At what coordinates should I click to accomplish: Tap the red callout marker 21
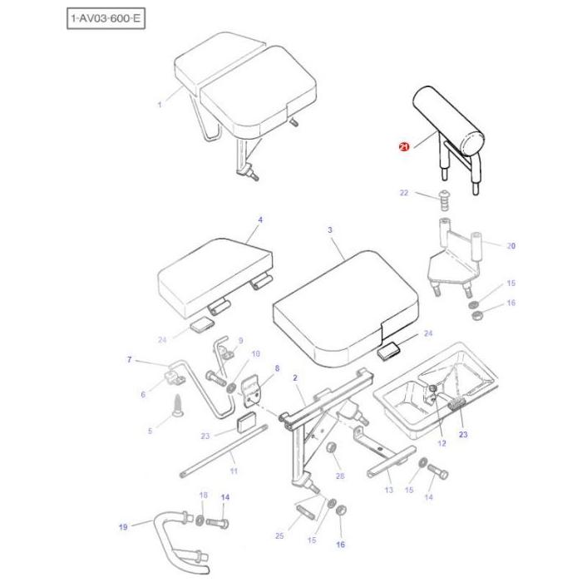click(x=404, y=147)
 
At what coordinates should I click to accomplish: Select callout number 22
click(x=404, y=194)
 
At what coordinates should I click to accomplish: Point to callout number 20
click(x=511, y=246)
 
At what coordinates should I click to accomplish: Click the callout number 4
click(x=259, y=220)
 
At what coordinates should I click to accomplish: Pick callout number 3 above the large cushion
click(x=329, y=229)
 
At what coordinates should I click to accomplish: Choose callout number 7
click(x=130, y=359)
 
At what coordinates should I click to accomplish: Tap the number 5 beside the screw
click(x=150, y=431)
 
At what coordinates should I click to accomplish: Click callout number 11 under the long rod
click(x=234, y=471)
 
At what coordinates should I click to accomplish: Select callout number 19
click(x=123, y=526)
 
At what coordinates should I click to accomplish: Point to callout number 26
click(x=339, y=476)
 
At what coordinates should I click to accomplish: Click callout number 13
click(x=388, y=491)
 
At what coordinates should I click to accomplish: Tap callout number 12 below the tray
click(x=442, y=443)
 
